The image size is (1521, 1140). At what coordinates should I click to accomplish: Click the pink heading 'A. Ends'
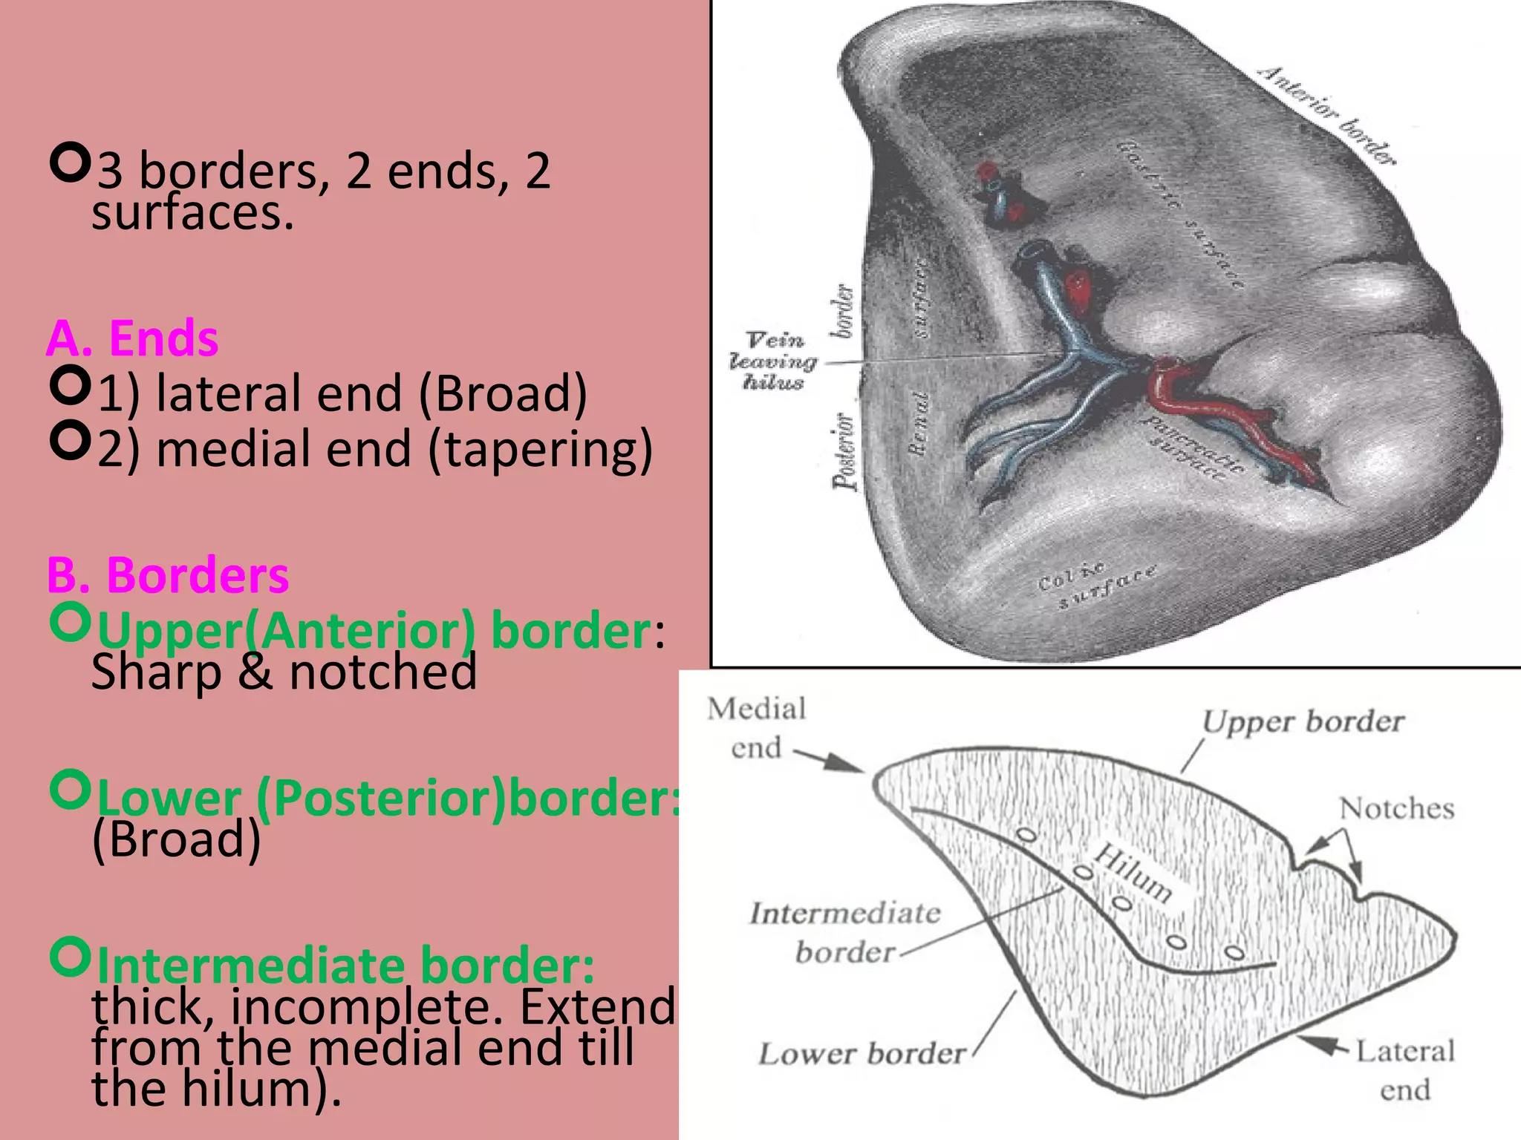point(132,338)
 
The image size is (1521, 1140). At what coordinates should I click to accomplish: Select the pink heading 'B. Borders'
point(168,575)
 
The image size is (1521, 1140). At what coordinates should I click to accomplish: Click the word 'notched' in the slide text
point(382,672)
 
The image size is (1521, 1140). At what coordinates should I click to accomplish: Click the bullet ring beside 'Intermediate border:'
point(71,957)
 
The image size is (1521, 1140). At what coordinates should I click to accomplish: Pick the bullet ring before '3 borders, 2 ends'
point(71,164)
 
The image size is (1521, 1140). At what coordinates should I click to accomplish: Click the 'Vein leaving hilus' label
point(774,361)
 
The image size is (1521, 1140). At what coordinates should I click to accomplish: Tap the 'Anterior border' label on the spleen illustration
point(1326,115)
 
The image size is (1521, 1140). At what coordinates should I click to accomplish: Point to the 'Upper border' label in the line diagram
point(1303,721)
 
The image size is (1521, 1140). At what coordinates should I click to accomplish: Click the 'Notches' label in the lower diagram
point(1396,808)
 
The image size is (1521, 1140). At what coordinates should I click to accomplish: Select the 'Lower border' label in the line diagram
point(862,1054)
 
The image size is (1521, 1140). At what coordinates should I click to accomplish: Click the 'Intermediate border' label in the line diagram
point(845,932)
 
